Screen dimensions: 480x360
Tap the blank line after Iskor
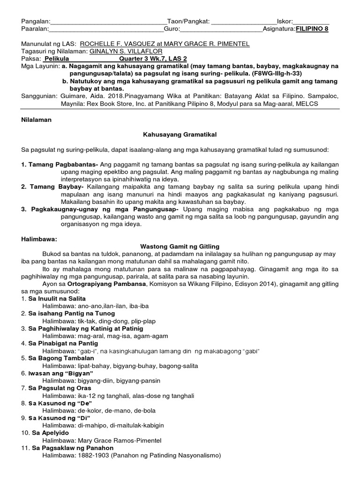point(311,21)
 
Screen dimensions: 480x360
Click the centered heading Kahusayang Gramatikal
point(179,135)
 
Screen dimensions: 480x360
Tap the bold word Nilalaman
point(37,120)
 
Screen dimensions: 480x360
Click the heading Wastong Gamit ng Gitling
point(180,246)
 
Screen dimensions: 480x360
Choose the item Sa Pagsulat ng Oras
point(62,388)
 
